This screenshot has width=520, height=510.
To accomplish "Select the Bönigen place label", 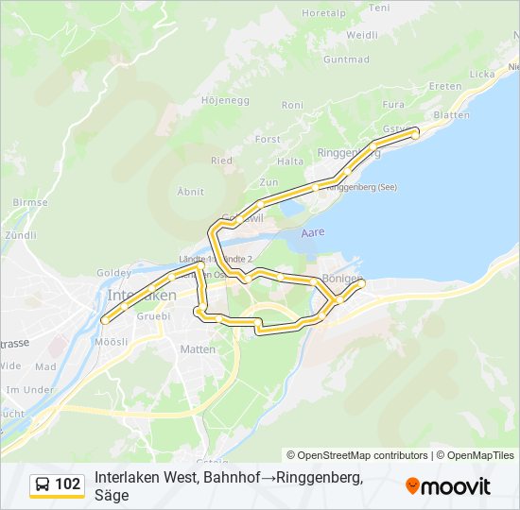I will (342, 280).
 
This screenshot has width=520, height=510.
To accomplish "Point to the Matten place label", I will (198, 349).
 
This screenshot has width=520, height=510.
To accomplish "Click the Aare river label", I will (312, 231).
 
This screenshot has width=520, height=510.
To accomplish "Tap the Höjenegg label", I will (223, 98).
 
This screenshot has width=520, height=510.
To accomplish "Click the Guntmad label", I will (346, 59).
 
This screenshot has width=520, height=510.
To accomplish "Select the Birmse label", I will (30, 202).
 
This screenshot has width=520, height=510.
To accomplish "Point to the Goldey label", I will (113, 273).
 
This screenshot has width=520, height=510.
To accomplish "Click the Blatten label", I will (451, 115).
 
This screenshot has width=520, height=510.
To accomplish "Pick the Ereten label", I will (445, 86).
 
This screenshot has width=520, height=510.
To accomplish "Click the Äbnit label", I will (190, 191).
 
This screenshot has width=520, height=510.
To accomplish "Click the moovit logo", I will (448, 485).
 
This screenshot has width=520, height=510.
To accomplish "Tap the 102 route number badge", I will (67, 484).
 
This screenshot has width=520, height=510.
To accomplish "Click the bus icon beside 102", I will (43, 484).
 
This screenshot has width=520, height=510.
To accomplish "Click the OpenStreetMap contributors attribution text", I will (357, 455).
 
